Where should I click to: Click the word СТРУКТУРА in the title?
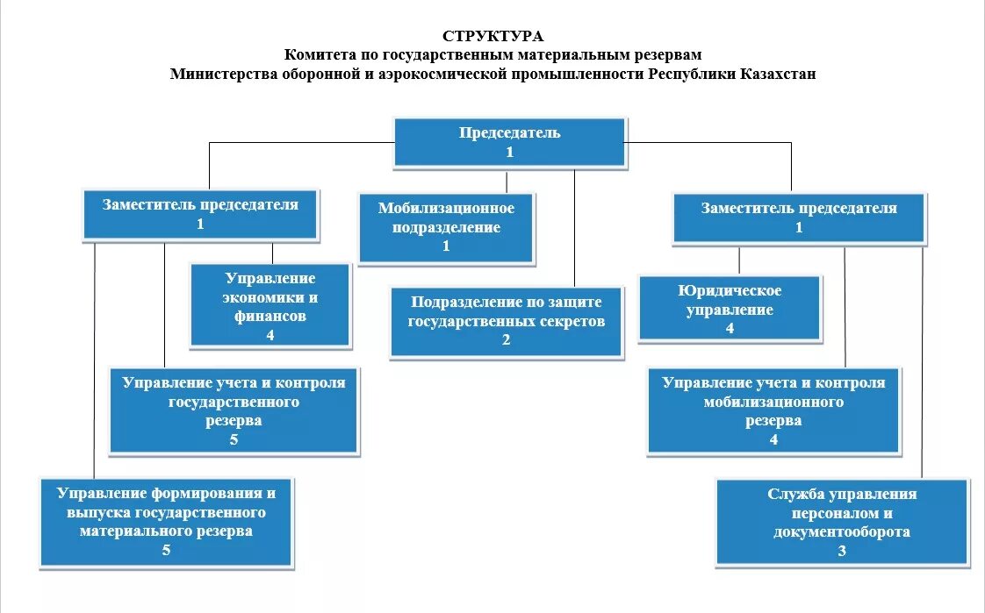click(x=492, y=37)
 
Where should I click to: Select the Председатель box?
click(x=509, y=141)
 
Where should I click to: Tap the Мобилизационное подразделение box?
click(x=446, y=227)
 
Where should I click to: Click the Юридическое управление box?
click(x=730, y=309)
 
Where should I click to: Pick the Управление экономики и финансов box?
click(x=270, y=305)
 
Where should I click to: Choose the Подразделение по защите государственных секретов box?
click(x=507, y=320)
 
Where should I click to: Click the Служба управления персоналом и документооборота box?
click(x=842, y=522)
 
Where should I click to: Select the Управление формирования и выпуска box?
click(x=167, y=522)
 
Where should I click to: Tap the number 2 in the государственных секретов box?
click(x=507, y=340)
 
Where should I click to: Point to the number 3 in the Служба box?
click(x=842, y=551)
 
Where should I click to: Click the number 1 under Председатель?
click(x=509, y=152)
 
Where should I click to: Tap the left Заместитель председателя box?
click(x=200, y=214)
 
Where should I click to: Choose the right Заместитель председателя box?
click(x=799, y=217)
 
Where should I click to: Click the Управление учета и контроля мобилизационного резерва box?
click(x=773, y=410)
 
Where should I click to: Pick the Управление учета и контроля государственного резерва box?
click(x=234, y=410)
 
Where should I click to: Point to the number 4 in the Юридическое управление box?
click(x=730, y=329)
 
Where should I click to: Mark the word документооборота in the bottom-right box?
click(x=842, y=531)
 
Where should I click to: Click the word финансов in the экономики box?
click(x=270, y=316)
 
